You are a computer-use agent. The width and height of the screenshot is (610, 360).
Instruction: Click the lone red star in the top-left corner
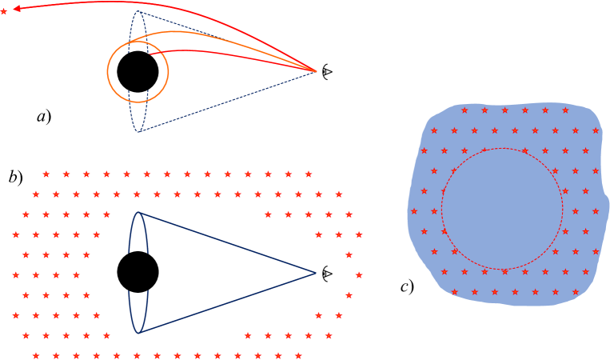(4, 11)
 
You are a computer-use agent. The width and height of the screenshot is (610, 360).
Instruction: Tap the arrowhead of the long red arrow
(17, 8)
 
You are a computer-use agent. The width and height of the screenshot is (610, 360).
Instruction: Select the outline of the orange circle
(108, 72)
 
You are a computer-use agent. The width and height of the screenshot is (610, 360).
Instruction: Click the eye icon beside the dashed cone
(327, 72)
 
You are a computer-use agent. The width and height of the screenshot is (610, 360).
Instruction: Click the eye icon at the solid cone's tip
(327, 274)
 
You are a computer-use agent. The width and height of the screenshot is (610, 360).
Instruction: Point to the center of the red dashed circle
(502, 209)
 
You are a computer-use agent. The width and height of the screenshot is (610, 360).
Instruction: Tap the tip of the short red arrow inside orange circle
(151, 54)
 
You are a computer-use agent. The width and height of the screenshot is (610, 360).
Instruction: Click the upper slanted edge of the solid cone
(228, 242)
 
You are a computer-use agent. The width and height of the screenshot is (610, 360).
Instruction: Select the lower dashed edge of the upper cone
(228, 102)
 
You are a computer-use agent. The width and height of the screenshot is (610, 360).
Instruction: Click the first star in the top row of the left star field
(46, 174)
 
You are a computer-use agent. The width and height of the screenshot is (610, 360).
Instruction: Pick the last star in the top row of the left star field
(309, 174)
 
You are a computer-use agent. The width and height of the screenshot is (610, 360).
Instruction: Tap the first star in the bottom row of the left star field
(36, 355)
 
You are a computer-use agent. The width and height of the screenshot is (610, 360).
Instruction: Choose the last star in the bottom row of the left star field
(298, 355)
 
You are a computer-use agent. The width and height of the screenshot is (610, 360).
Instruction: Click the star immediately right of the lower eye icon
(359, 274)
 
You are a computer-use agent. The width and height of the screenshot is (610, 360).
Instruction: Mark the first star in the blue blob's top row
(464, 110)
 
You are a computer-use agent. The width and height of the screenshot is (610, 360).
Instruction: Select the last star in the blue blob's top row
(565, 110)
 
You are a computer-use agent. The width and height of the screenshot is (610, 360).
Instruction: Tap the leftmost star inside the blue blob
(414, 211)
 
